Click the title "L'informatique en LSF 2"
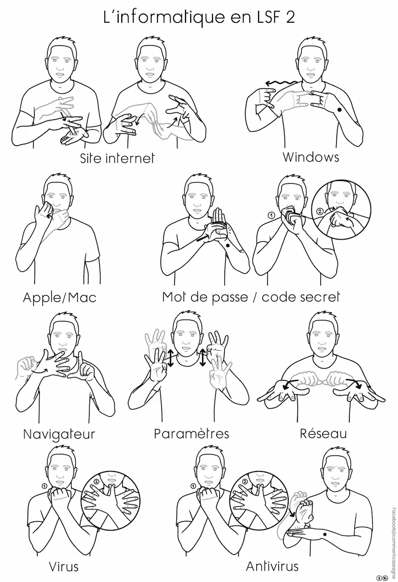(x=199, y=18)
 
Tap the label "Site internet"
(x=117, y=159)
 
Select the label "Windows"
(x=311, y=157)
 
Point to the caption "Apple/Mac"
(x=60, y=298)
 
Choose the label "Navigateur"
(x=60, y=434)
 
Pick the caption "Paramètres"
(x=191, y=434)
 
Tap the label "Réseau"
(x=323, y=433)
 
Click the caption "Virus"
(x=64, y=567)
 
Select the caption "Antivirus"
(x=272, y=566)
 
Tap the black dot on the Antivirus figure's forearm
(x=325, y=534)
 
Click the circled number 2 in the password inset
(x=319, y=212)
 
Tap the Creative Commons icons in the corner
(x=382, y=577)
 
